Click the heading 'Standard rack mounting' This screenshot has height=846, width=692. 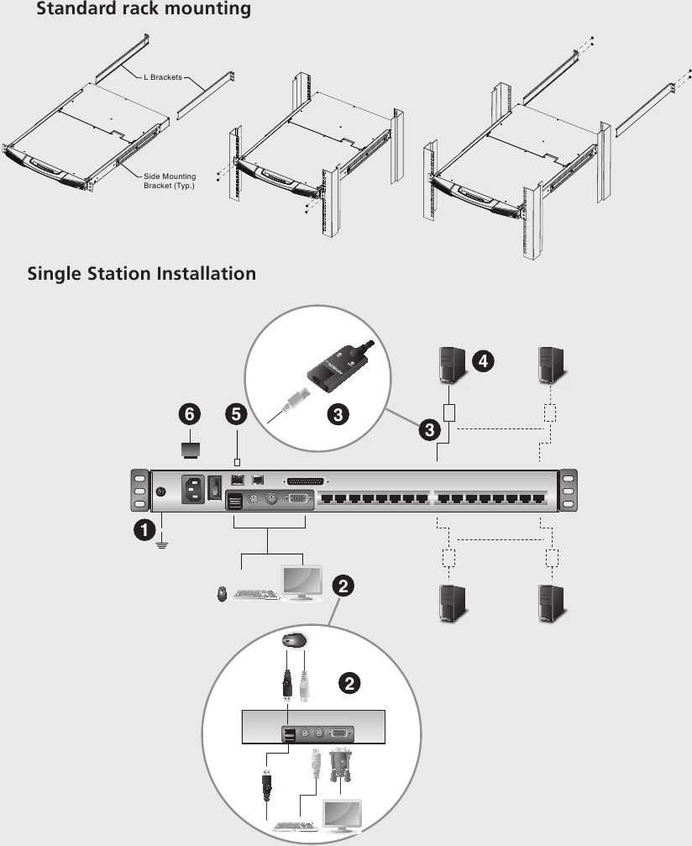143,10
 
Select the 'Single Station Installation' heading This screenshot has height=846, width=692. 141,273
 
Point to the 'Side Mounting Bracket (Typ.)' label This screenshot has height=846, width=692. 169,180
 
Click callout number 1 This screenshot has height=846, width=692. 144,529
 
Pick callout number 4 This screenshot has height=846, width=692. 482,361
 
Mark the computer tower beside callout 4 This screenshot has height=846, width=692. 451,363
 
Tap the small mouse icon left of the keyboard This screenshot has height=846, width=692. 222,594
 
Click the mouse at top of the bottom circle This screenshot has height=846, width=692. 294,640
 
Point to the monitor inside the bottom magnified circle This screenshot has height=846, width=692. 344,815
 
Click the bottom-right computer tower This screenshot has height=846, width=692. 552,603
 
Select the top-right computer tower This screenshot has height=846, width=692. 552,363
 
